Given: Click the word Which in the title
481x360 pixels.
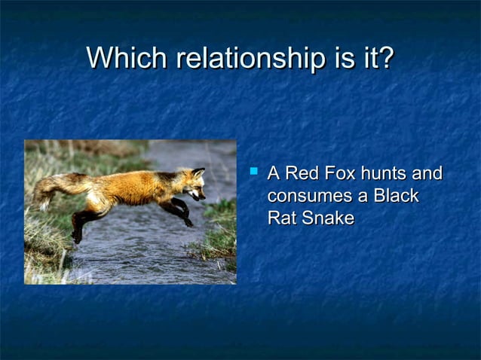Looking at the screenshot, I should point(127,59).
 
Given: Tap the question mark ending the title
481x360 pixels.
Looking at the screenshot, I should point(385,59).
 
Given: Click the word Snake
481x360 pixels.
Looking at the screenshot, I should point(327,218).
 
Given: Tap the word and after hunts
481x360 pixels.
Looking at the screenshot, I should point(427,174).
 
